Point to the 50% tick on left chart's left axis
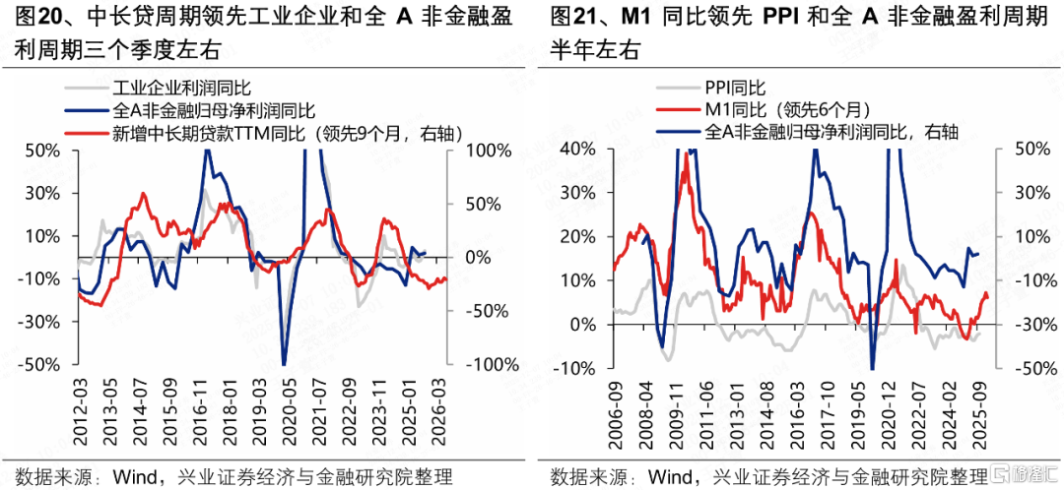coord(44,151)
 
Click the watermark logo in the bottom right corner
coord(1025,472)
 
